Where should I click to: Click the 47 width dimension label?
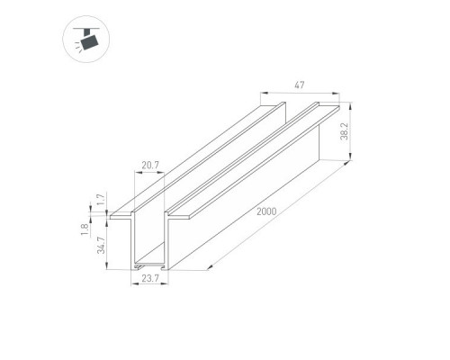point(300,85)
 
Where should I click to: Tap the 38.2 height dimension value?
point(345,131)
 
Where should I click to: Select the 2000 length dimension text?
point(266,211)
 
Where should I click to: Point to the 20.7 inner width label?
point(150,165)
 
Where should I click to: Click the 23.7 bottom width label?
point(150,278)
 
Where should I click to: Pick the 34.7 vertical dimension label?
point(102,245)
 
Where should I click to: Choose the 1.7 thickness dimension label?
point(101,200)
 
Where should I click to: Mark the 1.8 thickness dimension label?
point(85,229)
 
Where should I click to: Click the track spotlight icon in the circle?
point(86,40)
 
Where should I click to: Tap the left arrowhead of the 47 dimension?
point(263,94)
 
